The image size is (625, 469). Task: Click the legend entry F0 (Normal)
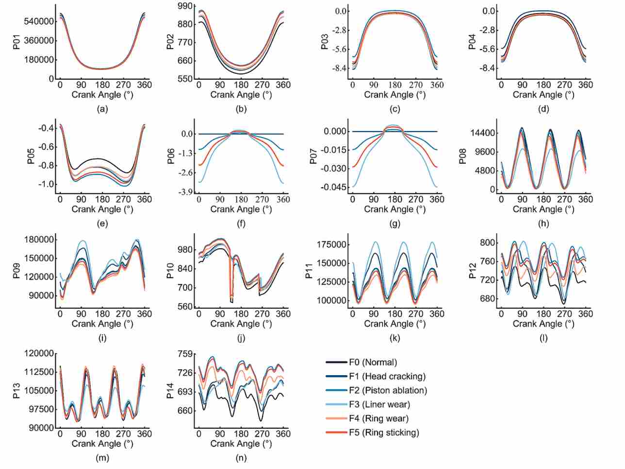click(x=362, y=362)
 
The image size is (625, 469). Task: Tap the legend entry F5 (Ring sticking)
click(x=373, y=433)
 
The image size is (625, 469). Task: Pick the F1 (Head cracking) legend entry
click(x=376, y=376)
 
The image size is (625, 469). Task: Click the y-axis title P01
click(x=16, y=42)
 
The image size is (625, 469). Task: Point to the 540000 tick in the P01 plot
click(x=39, y=21)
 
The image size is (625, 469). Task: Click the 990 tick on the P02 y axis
click(x=185, y=6)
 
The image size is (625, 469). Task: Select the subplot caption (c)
click(x=395, y=109)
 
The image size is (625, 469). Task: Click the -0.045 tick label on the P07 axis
click(x=334, y=187)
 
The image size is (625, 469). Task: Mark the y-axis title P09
click(x=16, y=271)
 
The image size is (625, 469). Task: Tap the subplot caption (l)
click(x=543, y=338)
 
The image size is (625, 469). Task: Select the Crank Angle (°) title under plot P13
click(x=102, y=444)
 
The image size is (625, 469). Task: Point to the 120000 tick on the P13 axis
click(x=39, y=353)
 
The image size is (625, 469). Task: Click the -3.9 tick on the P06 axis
click(x=185, y=192)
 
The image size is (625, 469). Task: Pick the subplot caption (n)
click(x=241, y=458)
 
